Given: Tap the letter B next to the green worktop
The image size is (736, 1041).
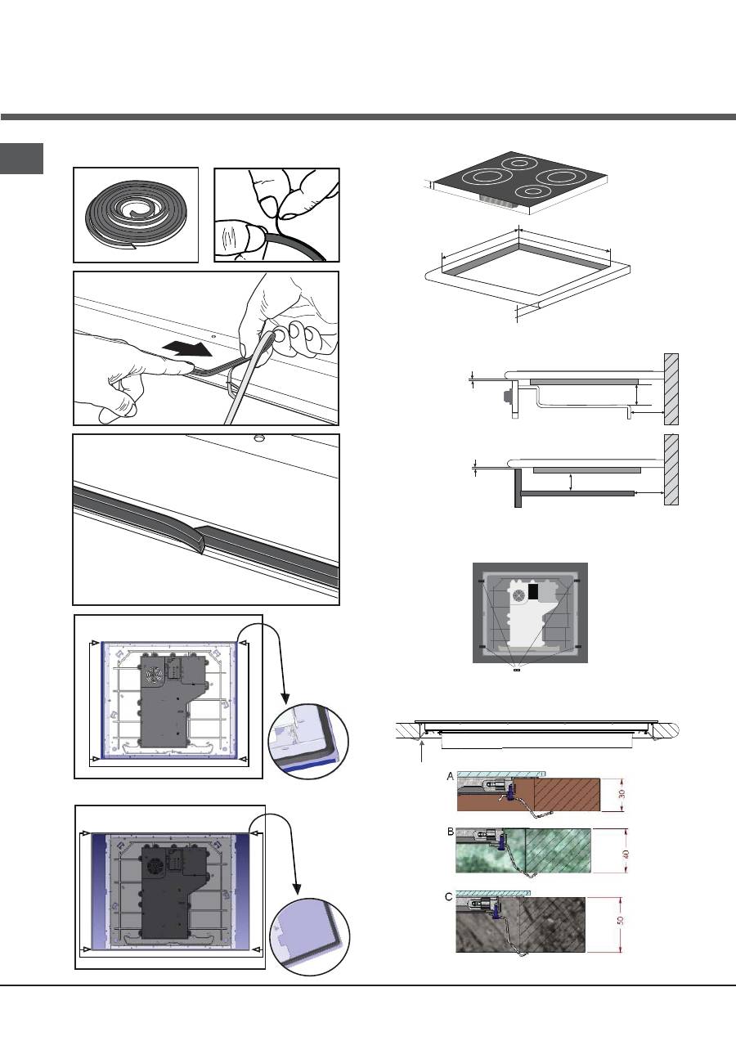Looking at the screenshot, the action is point(451,832).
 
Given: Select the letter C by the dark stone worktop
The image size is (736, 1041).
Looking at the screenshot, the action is point(448,897).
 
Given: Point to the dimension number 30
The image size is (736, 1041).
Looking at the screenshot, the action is point(622,794).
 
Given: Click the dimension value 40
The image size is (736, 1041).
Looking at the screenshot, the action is point(626,854).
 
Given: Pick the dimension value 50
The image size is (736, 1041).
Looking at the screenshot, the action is point(621,920).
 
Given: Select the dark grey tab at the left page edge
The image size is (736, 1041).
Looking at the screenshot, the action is point(21,159).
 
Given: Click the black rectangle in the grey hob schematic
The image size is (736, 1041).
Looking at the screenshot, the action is point(533,591).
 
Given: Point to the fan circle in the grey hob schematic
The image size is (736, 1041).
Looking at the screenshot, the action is point(518,595).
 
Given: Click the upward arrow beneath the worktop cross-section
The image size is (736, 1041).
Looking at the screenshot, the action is point(422,752).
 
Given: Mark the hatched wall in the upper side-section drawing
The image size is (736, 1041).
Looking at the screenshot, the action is point(671,389).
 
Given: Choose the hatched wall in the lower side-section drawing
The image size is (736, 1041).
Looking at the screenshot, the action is point(671,469).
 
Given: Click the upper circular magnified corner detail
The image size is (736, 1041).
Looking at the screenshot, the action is point(308,743).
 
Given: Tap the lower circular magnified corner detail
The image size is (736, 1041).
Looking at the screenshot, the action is point(310,936).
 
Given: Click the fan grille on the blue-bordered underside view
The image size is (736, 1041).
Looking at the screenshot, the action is point(154,674).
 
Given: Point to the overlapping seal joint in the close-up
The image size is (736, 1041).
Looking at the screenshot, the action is point(200,538).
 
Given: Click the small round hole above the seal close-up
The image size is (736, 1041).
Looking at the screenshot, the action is point(258,437).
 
